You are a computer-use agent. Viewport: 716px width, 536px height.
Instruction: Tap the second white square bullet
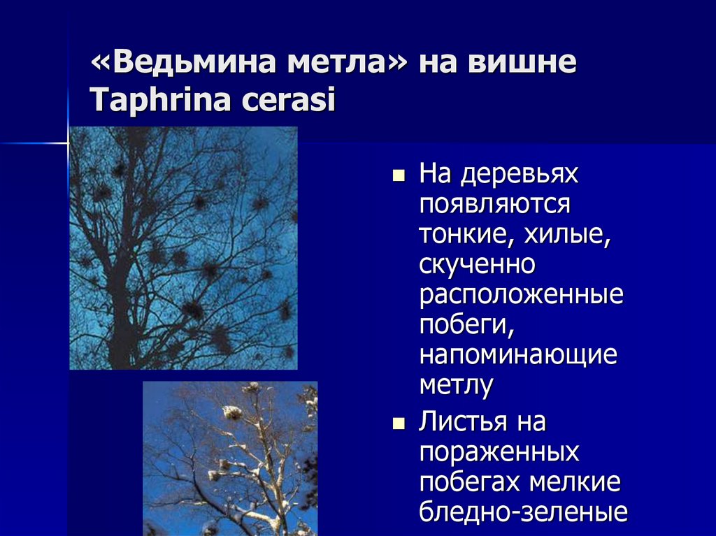point(399,423)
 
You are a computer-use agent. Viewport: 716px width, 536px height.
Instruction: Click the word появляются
point(495,205)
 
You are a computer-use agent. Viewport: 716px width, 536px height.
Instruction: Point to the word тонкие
point(462,235)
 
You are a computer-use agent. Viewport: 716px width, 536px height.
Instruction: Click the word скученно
point(478,265)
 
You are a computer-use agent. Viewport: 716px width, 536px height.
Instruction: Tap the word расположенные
point(521,295)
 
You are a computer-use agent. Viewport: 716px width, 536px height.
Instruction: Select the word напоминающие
point(518,355)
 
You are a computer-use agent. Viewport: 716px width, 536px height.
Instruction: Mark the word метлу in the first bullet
point(457,385)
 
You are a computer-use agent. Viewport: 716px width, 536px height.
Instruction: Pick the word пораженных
point(499,453)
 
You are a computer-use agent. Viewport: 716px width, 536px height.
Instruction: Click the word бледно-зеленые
point(523,513)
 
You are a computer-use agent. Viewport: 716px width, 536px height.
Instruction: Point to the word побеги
point(463,325)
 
